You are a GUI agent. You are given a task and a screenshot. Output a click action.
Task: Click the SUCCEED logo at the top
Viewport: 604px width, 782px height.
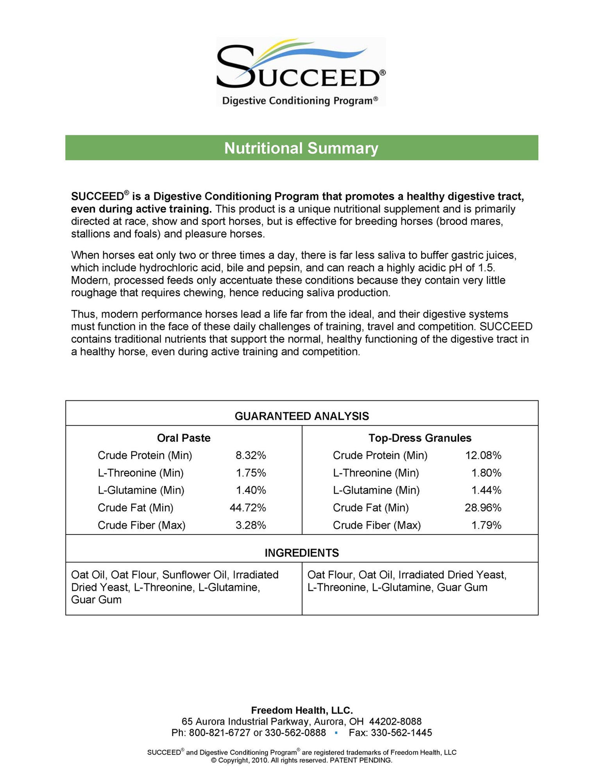pyautogui.click(x=301, y=72)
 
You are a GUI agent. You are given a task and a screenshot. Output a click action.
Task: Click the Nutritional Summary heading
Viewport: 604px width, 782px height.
pyautogui.click(x=301, y=148)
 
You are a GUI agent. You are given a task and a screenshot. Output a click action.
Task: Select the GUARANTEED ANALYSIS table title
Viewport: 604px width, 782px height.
pyautogui.click(x=302, y=416)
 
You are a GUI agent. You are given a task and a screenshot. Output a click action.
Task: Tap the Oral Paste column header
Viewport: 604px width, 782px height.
pyautogui.click(x=184, y=438)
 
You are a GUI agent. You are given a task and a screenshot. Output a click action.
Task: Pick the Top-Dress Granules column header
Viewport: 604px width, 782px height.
pyautogui.click(x=420, y=438)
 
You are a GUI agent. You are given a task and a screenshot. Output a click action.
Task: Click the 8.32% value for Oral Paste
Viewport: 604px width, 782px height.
pyautogui.click(x=251, y=456)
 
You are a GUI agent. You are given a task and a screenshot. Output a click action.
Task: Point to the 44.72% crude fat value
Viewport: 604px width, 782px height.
pyautogui.click(x=248, y=508)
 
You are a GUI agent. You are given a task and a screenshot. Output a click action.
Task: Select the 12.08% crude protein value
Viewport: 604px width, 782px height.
pyautogui.click(x=483, y=456)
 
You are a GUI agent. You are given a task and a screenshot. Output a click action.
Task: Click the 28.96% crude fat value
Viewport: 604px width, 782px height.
pyautogui.click(x=483, y=508)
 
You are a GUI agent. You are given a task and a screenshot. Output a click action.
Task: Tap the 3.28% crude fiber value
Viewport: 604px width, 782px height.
pyautogui.click(x=251, y=526)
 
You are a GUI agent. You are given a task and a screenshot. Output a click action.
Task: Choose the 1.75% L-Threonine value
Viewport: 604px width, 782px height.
pyautogui.click(x=251, y=473)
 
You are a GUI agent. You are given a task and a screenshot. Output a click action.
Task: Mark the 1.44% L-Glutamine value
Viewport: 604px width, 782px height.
pyautogui.click(x=486, y=490)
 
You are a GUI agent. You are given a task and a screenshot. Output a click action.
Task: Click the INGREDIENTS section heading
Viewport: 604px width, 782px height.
pyautogui.click(x=302, y=553)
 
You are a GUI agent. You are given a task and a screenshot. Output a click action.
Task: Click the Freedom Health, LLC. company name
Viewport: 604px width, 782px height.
pyautogui.click(x=302, y=710)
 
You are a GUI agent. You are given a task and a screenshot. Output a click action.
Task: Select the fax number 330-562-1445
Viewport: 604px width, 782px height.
pyautogui.click(x=401, y=733)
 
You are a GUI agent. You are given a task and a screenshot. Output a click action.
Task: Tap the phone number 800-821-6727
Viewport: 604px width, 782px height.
pyautogui.click(x=220, y=733)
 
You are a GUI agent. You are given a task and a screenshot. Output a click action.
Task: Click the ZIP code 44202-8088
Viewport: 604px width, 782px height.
pyautogui.click(x=395, y=721)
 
